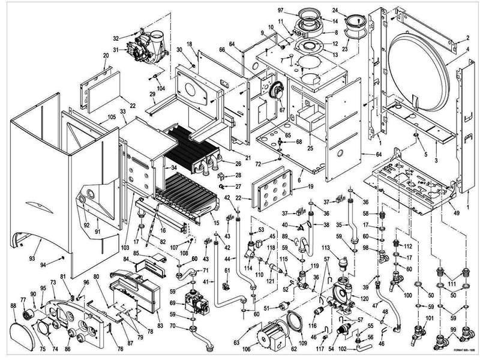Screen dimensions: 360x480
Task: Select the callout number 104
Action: [x=160, y=88]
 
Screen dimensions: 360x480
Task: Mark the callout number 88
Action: [x=13, y=306]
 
